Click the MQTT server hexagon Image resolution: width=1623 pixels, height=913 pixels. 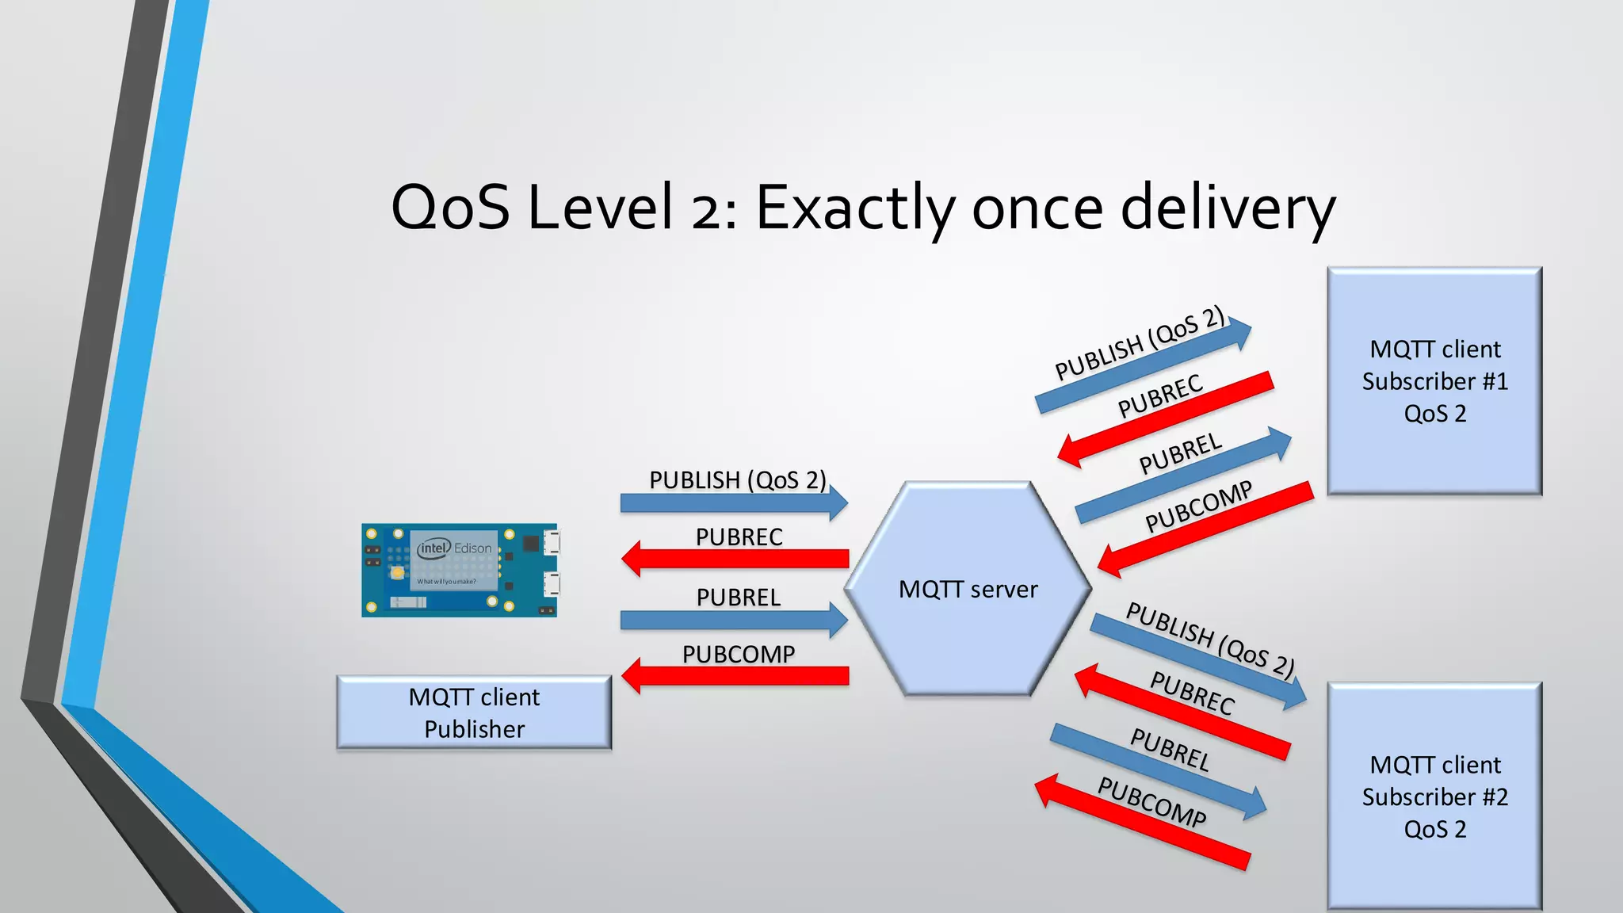(x=968, y=589)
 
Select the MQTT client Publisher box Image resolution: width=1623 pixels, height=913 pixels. (x=474, y=712)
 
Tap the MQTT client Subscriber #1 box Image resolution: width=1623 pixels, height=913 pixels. (x=1434, y=381)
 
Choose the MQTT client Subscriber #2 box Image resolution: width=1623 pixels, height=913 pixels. (x=1434, y=796)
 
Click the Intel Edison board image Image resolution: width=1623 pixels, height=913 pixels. (x=460, y=570)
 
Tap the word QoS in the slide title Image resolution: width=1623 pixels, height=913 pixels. (x=450, y=208)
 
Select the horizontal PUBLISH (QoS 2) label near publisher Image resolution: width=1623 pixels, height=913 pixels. (x=737, y=480)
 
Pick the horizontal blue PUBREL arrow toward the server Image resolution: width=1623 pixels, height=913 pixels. (x=734, y=620)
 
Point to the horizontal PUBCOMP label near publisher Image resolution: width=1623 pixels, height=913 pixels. (x=739, y=655)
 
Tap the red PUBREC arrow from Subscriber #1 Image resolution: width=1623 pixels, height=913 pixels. (x=1165, y=420)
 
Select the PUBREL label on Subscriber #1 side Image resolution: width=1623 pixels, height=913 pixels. (x=1181, y=453)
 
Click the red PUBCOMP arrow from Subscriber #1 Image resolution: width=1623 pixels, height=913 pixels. (x=1205, y=529)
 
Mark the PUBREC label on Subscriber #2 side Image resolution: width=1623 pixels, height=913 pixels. (x=1192, y=693)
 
